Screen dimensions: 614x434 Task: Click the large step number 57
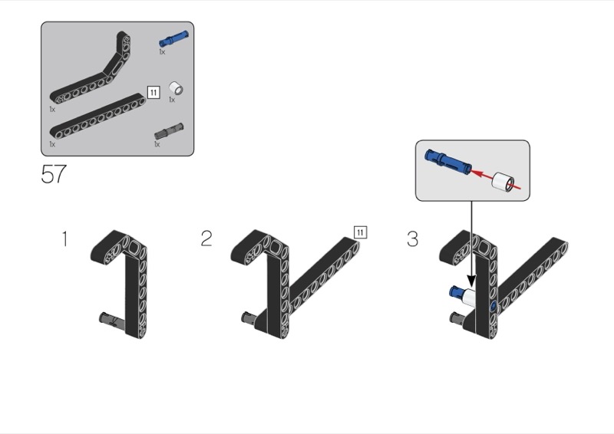coord(54,174)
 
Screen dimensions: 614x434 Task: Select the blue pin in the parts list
coord(173,39)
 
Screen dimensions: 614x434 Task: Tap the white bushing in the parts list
coord(177,88)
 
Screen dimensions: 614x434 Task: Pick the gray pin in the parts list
coord(169,131)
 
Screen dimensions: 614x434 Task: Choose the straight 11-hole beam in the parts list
coord(97,117)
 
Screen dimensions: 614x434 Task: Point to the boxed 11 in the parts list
coord(153,92)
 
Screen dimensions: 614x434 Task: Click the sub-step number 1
coord(65,238)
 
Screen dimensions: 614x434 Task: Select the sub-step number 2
coord(206,238)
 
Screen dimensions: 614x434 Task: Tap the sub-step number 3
coord(412,238)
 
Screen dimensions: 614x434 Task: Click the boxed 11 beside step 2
coord(360,232)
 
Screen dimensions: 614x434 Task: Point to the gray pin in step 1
coord(112,320)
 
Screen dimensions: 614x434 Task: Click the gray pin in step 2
coord(250,318)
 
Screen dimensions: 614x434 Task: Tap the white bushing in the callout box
coord(503,182)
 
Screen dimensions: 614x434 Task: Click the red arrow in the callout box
coord(494,179)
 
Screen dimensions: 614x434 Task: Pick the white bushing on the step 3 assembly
coord(468,298)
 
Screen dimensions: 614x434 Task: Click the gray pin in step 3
coord(457,317)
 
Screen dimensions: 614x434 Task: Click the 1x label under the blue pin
coord(162,51)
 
